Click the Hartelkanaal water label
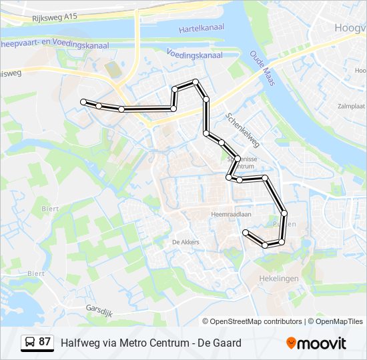pos(202,29)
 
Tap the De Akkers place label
pos(186,242)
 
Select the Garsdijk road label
pos(101,309)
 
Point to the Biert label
pos(50,208)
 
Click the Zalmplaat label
pos(351,106)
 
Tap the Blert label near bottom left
pos(36,273)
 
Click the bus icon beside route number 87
pos(30,343)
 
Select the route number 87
pos(45,343)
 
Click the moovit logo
pos(316,343)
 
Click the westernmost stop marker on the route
pos(84,101)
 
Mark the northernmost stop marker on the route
pos(196,82)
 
